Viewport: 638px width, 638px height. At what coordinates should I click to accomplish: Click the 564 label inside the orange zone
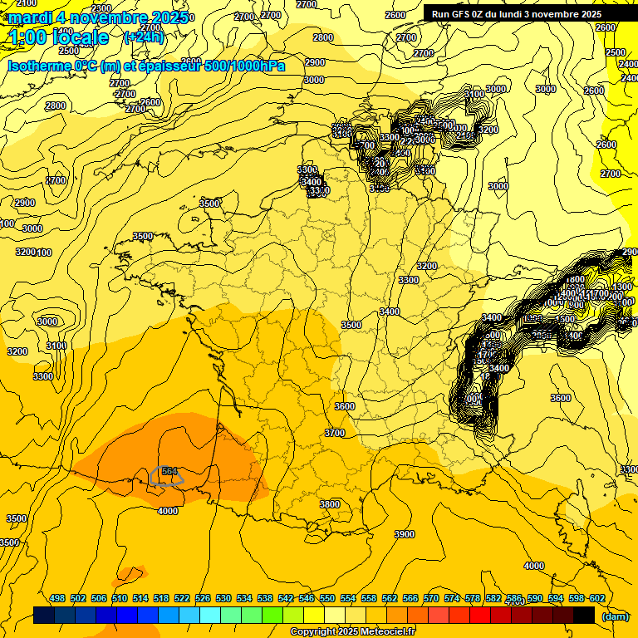[169, 471]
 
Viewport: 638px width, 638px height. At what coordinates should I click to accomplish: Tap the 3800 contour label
[330, 503]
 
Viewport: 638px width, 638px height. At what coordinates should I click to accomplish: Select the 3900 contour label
[405, 534]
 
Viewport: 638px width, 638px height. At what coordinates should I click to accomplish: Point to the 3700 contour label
[335, 433]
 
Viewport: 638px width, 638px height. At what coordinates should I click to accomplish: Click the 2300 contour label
[101, 8]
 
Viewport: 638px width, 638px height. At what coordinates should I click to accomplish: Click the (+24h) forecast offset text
[144, 37]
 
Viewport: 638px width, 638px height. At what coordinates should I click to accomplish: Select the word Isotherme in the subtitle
[39, 66]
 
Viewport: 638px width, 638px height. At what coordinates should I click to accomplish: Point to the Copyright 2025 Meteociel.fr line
[352, 632]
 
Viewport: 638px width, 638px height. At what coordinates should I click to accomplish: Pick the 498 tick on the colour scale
[57, 598]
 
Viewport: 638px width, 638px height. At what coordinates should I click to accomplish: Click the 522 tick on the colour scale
[182, 598]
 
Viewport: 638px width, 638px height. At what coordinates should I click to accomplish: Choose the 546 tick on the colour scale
[307, 598]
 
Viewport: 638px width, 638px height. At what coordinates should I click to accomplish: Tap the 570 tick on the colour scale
[431, 598]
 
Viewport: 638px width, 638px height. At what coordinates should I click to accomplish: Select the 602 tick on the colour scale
[596, 598]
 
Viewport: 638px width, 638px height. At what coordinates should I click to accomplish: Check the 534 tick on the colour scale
[244, 598]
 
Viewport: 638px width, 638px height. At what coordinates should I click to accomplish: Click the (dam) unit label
[615, 616]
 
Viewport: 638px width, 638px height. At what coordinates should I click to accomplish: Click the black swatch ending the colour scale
[584, 615]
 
